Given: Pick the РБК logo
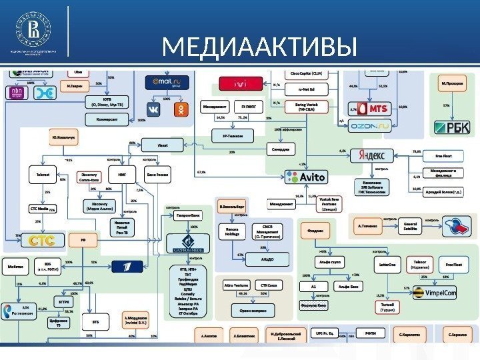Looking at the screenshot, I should [x=452, y=126].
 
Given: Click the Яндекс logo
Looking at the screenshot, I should [x=372, y=155].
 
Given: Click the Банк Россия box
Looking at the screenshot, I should [x=158, y=175].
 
